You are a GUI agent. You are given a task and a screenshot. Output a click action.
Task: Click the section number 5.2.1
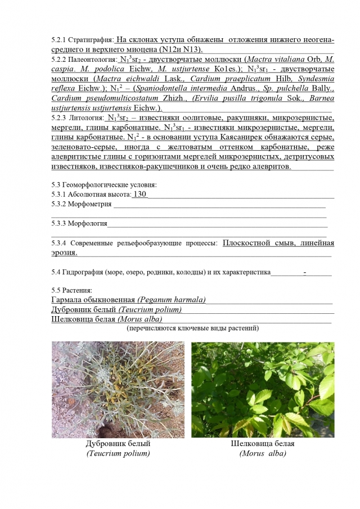[58, 40]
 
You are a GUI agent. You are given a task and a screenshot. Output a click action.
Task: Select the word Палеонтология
[92, 59]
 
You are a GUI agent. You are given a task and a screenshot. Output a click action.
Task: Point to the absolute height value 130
[139, 194]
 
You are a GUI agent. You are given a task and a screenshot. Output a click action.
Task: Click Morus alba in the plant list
[138, 319]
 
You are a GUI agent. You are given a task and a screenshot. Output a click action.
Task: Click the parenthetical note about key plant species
[193, 328]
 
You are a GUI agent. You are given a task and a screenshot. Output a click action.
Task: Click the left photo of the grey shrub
[118, 389]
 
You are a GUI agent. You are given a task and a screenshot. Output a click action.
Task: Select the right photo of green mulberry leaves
[263, 389]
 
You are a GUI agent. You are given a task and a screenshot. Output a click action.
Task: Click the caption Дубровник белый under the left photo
[117, 443]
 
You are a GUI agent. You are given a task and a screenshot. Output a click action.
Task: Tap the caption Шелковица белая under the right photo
[263, 443]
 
